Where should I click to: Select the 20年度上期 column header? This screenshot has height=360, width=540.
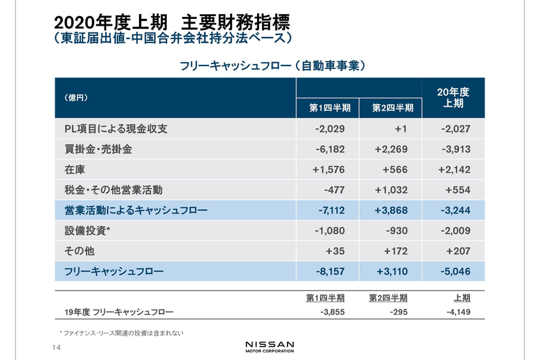[x=453, y=97]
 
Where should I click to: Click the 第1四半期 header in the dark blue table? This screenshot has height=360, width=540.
[x=329, y=108]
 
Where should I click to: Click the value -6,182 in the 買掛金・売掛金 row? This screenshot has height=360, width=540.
[x=330, y=149]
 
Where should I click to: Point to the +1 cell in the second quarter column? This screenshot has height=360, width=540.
[x=396, y=128]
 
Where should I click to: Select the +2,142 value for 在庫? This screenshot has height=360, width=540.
[x=454, y=170]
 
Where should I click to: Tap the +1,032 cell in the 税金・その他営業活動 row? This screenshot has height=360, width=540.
[x=392, y=190]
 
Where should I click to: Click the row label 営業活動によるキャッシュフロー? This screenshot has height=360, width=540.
[x=131, y=211]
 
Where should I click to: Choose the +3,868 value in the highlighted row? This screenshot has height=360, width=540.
[x=392, y=211]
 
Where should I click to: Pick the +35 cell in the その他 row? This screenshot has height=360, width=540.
[x=335, y=251]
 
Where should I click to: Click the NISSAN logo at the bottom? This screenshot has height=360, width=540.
[x=269, y=346]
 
